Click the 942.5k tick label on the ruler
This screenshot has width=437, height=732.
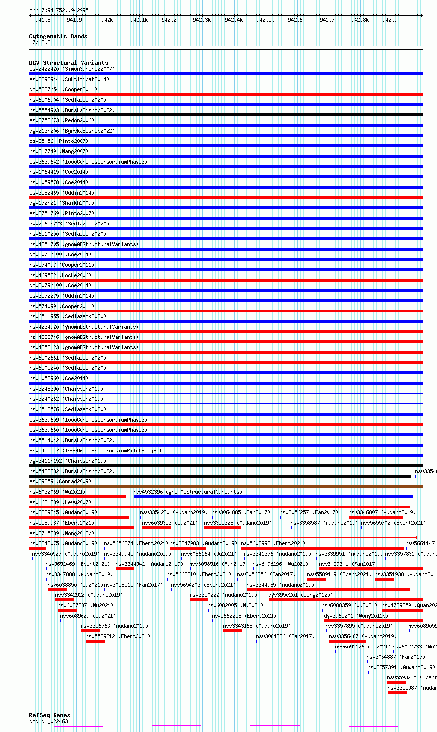pos(265,20)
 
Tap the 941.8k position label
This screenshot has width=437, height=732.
pos(44,20)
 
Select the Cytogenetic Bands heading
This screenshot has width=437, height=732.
pos(58,36)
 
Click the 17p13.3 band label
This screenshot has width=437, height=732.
pos(40,42)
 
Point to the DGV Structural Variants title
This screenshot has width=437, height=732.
pos(68,63)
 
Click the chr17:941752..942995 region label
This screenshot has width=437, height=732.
pos(59,10)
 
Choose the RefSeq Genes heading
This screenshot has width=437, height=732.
pos(50,715)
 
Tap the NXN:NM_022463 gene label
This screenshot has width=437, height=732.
pos(49,721)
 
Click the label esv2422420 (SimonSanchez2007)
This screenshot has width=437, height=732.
pos(72,69)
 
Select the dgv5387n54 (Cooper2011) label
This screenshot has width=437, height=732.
pos(63,89)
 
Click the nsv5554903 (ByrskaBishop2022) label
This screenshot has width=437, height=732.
pos(72,110)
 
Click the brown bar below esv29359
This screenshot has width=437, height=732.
pos(226,486)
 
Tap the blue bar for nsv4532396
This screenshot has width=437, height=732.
pos(273,497)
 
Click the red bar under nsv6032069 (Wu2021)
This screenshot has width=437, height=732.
pos(77,497)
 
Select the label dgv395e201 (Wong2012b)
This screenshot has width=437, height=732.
pos(300,595)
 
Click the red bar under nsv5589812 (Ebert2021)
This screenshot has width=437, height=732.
pos(95,641)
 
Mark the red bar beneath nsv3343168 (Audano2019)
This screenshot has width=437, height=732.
pos(232,631)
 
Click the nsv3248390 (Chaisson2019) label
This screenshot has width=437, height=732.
pos(66,389)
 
